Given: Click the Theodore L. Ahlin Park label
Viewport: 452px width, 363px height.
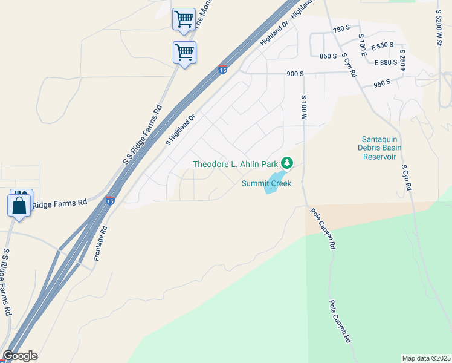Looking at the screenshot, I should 235,164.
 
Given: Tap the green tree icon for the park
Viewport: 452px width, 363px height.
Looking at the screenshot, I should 287,163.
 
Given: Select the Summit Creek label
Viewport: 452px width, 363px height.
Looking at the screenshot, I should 266,183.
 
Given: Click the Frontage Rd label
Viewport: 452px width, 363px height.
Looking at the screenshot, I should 100,243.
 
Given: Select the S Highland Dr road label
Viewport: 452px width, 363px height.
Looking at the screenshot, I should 181,130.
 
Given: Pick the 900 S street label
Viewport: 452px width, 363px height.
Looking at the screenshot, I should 295,74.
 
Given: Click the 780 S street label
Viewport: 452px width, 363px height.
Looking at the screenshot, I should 341,29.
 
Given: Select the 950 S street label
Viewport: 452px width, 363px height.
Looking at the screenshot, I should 383,84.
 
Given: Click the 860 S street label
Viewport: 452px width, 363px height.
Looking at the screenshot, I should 328,56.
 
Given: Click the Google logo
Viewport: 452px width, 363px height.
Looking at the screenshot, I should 19,356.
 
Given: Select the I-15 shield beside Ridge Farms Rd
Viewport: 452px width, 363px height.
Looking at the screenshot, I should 110,200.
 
